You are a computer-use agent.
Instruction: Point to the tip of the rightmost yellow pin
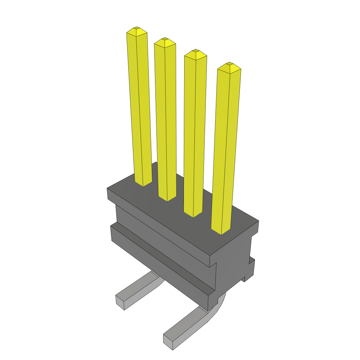(x=229, y=64)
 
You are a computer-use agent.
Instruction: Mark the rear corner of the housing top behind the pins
(x=156, y=163)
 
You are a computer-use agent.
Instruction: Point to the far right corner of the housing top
(x=258, y=221)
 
